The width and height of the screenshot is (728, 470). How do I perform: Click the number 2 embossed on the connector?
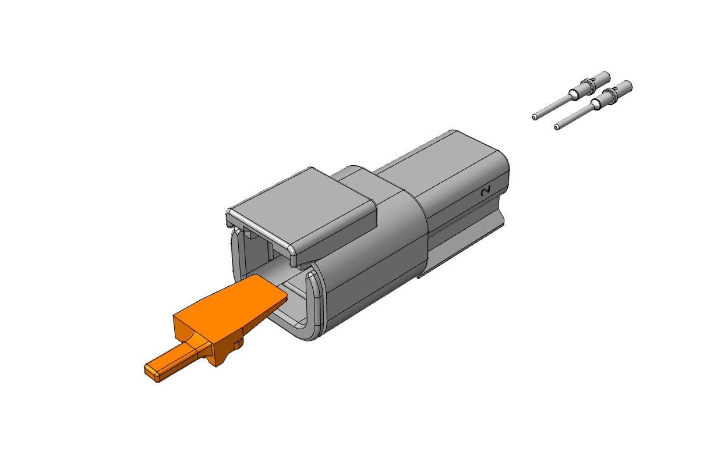click(486, 191)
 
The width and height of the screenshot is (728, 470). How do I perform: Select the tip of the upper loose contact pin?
click(534, 116)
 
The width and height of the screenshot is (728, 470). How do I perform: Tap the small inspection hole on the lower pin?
click(615, 88)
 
